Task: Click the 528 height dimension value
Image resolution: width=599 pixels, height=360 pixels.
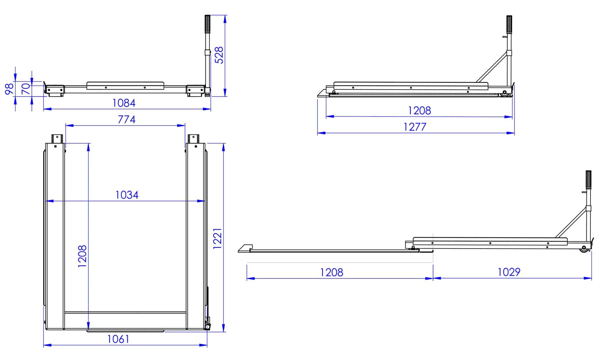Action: pyautogui.click(x=219, y=55)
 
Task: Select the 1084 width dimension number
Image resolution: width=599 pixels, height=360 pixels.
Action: pyautogui.click(x=124, y=103)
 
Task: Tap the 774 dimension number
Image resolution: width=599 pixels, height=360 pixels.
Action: pyautogui.click(x=127, y=119)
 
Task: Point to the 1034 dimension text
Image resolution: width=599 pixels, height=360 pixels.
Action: pyautogui.click(x=127, y=195)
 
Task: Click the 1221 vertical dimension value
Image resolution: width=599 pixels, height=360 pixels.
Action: pyautogui.click(x=217, y=238)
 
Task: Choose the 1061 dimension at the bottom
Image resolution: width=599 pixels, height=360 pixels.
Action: pyautogui.click(x=118, y=339)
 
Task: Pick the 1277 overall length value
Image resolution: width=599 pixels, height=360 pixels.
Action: pyautogui.click(x=415, y=127)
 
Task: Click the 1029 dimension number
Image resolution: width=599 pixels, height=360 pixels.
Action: pyautogui.click(x=509, y=272)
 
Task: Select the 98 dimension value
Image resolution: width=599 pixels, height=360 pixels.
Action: pyautogui.click(x=9, y=89)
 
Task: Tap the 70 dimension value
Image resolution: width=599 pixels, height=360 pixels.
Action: pyautogui.click(x=27, y=89)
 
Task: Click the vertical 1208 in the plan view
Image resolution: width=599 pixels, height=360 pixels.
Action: pyautogui.click(x=82, y=256)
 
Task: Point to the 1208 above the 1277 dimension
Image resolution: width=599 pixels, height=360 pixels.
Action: pyautogui.click(x=419, y=111)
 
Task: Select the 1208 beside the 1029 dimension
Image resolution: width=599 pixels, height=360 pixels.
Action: pyautogui.click(x=332, y=272)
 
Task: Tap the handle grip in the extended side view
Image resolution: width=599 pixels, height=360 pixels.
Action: pyautogui.click(x=588, y=180)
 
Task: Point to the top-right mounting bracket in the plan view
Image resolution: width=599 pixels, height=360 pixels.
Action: pyautogui.click(x=193, y=139)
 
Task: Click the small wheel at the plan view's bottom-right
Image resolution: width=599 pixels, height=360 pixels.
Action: pyautogui.click(x=208, y=327)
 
